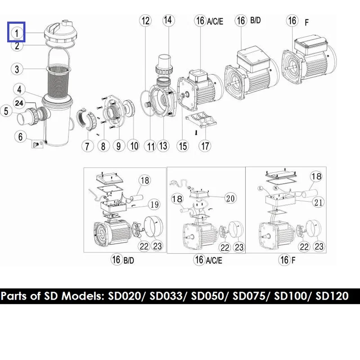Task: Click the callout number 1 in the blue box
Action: pyautogui.click(x=17, y=33)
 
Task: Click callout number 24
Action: pyautogui.click(x=19, y=103)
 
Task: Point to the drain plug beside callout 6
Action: pyautogui.click(x=36, y=144)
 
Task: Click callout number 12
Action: pyautogui.click(x=145, y=21)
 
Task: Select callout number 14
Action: pyautogui.click(x=168, y=20)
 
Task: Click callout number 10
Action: pyautogui.click(x=134, y=146)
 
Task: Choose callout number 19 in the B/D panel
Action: pyautogui.click(x=154, y=204)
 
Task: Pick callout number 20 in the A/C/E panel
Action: pyautogui.click(x=230, y=198)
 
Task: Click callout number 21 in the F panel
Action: pyautogui.click(x=318, y=202)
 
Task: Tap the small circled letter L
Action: pyautogui.click(x=261, y=189)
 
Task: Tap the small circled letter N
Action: pyautogui.click(x=276, y=188)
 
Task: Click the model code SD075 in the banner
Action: pyautogui.click(x=249, y=296)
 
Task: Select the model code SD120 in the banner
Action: pyautogui.click(x=332, y=296)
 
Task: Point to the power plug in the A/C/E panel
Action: pyautogui.click(x=174, y=183)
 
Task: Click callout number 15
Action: pyautogui.click(x=183, y=146)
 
